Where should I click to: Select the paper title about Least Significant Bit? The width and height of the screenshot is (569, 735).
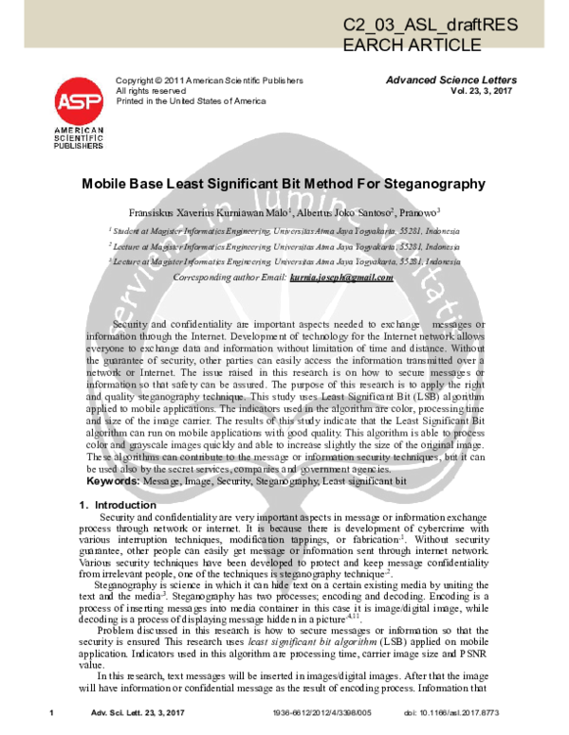point(284,188)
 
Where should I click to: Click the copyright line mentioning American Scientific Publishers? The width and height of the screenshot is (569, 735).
point(209,81)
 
